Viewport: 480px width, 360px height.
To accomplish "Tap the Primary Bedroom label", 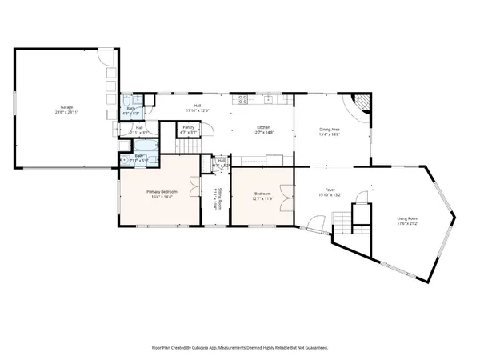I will (x=161, y=192).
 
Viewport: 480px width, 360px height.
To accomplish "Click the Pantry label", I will (x=189, y=127).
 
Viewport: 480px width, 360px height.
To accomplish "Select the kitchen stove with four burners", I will (x=242, y=100).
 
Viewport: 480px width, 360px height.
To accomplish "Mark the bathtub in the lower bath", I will (x=146, y=145).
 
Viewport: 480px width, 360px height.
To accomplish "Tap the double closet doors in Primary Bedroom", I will (x=194, y=189).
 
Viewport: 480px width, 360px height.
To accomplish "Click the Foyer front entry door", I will (x=317, y=223).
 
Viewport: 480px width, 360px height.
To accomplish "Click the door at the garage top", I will (x=104, y=56).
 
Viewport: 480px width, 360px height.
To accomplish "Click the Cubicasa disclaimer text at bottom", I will (x=240, y=348).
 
